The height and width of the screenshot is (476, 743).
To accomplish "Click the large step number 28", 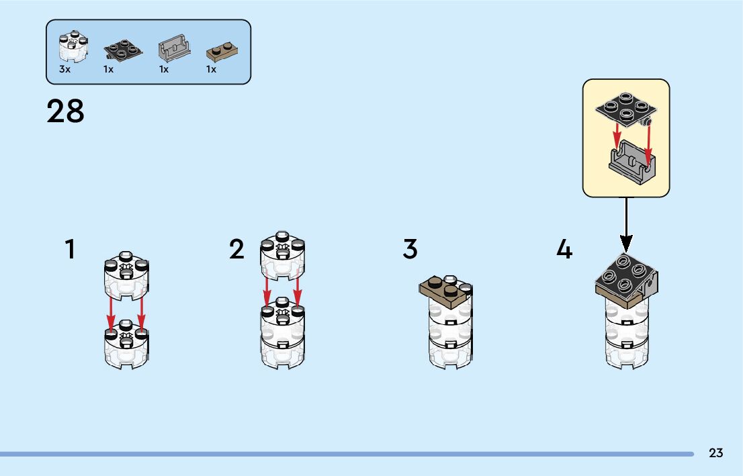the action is pyautogui.click(x=66, y=111).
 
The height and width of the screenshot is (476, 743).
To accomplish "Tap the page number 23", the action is pyautogui.click(x=715, y=453).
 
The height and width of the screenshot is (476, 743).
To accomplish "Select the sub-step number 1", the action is pyautogui.click(x=70, y=250).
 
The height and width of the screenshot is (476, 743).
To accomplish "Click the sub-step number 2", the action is pyautogui.click(x=236, y=250).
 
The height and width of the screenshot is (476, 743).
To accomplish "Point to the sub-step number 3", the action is pyautogui.click(x=410, y=250).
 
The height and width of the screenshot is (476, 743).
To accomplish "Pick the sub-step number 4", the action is pyautogui.click(x=564, y=250).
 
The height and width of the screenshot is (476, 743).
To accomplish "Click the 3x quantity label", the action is pyautogui.click(x=64, y=69).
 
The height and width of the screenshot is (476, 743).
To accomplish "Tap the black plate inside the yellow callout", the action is pyautogui.click(x=625, y=109).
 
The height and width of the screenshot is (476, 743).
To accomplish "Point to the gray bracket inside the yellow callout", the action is pyautogui.click(x=632, y=163).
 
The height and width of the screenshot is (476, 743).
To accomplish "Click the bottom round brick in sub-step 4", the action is pyautogui.click(x=626, y=351).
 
